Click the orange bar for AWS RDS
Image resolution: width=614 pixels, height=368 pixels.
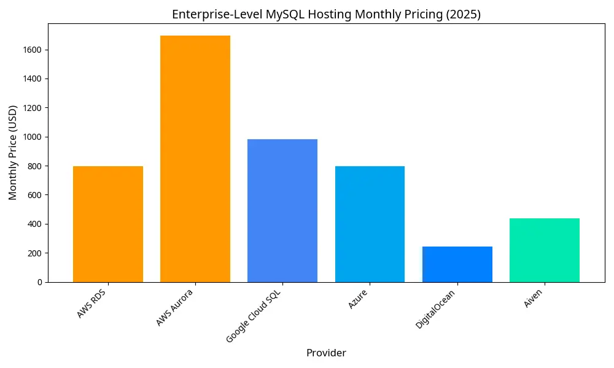click(x=108, y=224)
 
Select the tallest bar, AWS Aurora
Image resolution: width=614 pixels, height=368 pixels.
click(x=195, y=159)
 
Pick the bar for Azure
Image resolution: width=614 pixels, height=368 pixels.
click(x=370, y=224)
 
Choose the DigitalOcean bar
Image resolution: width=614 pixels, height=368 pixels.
click(x=457, y=264)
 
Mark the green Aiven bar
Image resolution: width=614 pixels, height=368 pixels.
click(x=545, y=250)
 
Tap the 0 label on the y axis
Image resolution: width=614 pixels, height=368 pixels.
click(x=40, y=282)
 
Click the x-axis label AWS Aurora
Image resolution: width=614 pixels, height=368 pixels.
click(x=176, y=307)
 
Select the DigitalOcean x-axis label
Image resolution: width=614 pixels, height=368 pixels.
click(x=437, y=309)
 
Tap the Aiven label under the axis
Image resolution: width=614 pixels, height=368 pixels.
click(x=534, y=298)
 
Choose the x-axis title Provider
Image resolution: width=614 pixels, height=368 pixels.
click(x=326, y=353)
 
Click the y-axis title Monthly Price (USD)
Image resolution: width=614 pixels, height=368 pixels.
click(x=13, y=153)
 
